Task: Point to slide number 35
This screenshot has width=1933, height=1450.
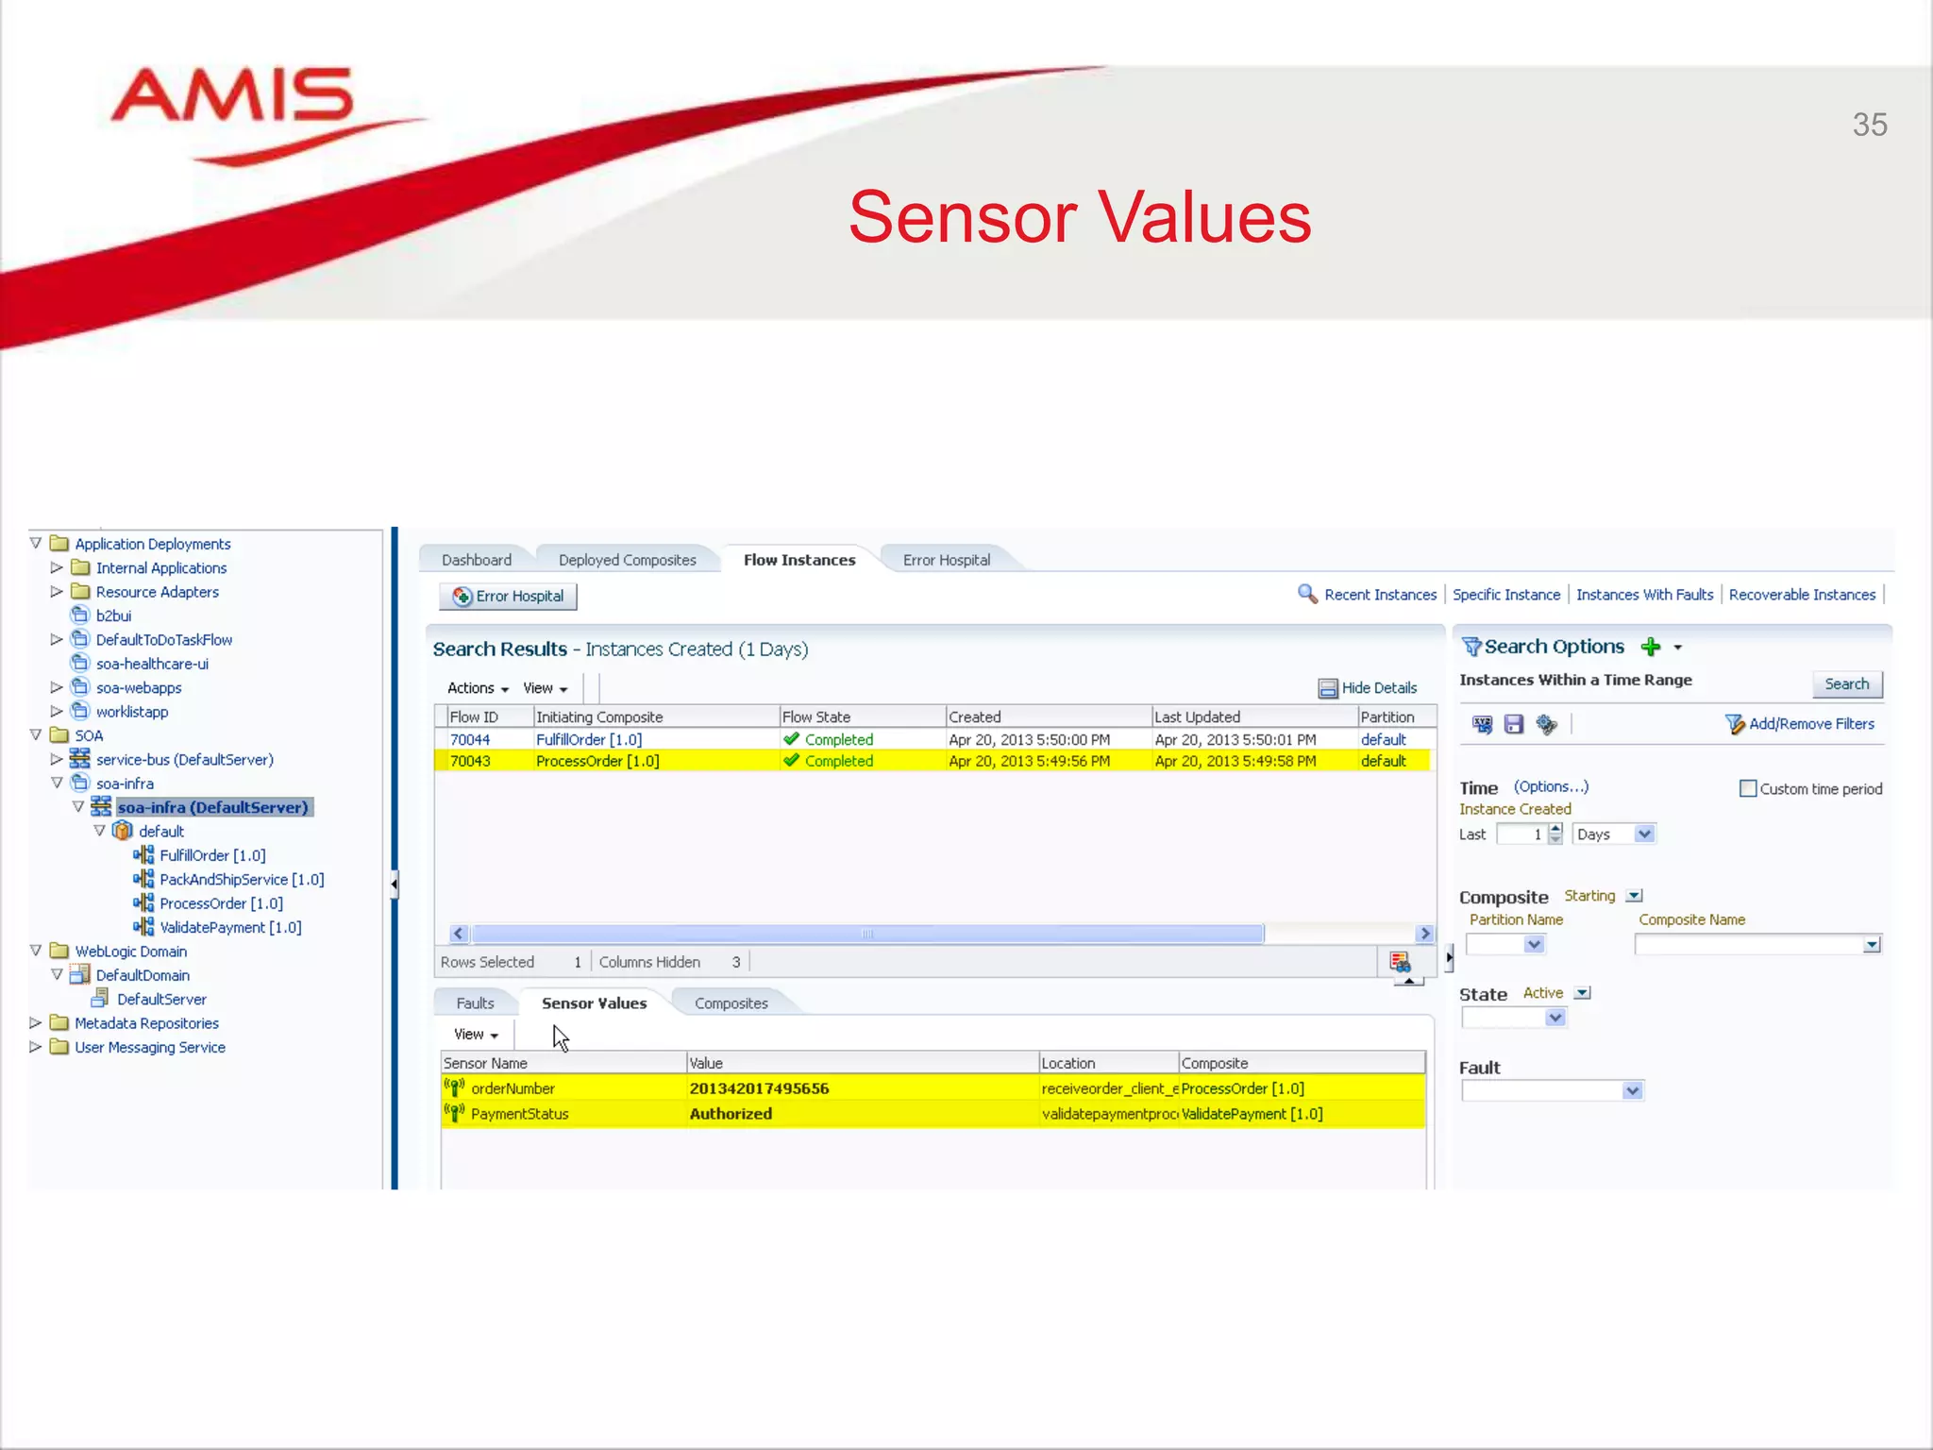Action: pyautogui.click(x=1869, y=125)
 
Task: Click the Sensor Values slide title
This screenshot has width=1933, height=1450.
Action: pyautogui.click(x=1080, y=217)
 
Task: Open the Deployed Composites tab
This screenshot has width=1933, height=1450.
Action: pyautogui.click(x=627, y=560)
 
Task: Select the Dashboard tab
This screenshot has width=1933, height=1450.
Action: pyautogui.click(x=476, y=560)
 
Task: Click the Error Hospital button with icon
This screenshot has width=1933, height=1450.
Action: pyautogui.click(x=508, y=596)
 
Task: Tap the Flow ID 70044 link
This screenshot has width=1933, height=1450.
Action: pyautogui.click(x=470, y=739)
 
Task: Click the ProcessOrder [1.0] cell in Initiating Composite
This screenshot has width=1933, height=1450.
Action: pyautogui.click(x=597, y=761)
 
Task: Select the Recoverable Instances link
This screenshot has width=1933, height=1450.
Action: pyautogui.click(x=1802, y=595)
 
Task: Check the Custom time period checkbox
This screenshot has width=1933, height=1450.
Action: pyautogui.click(x=1748, y=788)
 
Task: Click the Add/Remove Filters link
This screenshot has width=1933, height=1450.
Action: pyautogui.click(x=1810, y=724)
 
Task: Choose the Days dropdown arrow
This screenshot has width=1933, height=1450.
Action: pyautogui.click(x=1644, y=834)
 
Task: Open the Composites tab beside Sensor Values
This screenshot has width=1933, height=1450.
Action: pyautogui.click(x=731, y=1003)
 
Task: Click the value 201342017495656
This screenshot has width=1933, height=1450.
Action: pyautogui.click(x=759, y=1088)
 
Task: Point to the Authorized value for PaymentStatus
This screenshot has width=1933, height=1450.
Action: pyautogui.click(x=731, y=1114)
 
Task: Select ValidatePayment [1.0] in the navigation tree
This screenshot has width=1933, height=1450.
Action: pyautogui.click(x=230, y=927)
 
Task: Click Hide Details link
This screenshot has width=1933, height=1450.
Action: pyautogui.click(x=1378, y=688)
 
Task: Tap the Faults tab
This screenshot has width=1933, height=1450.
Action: pyautogui.click(x=475, y=1003)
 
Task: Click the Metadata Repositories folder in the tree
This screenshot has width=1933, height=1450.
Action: pyautogui.click(x=146, y=1023)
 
